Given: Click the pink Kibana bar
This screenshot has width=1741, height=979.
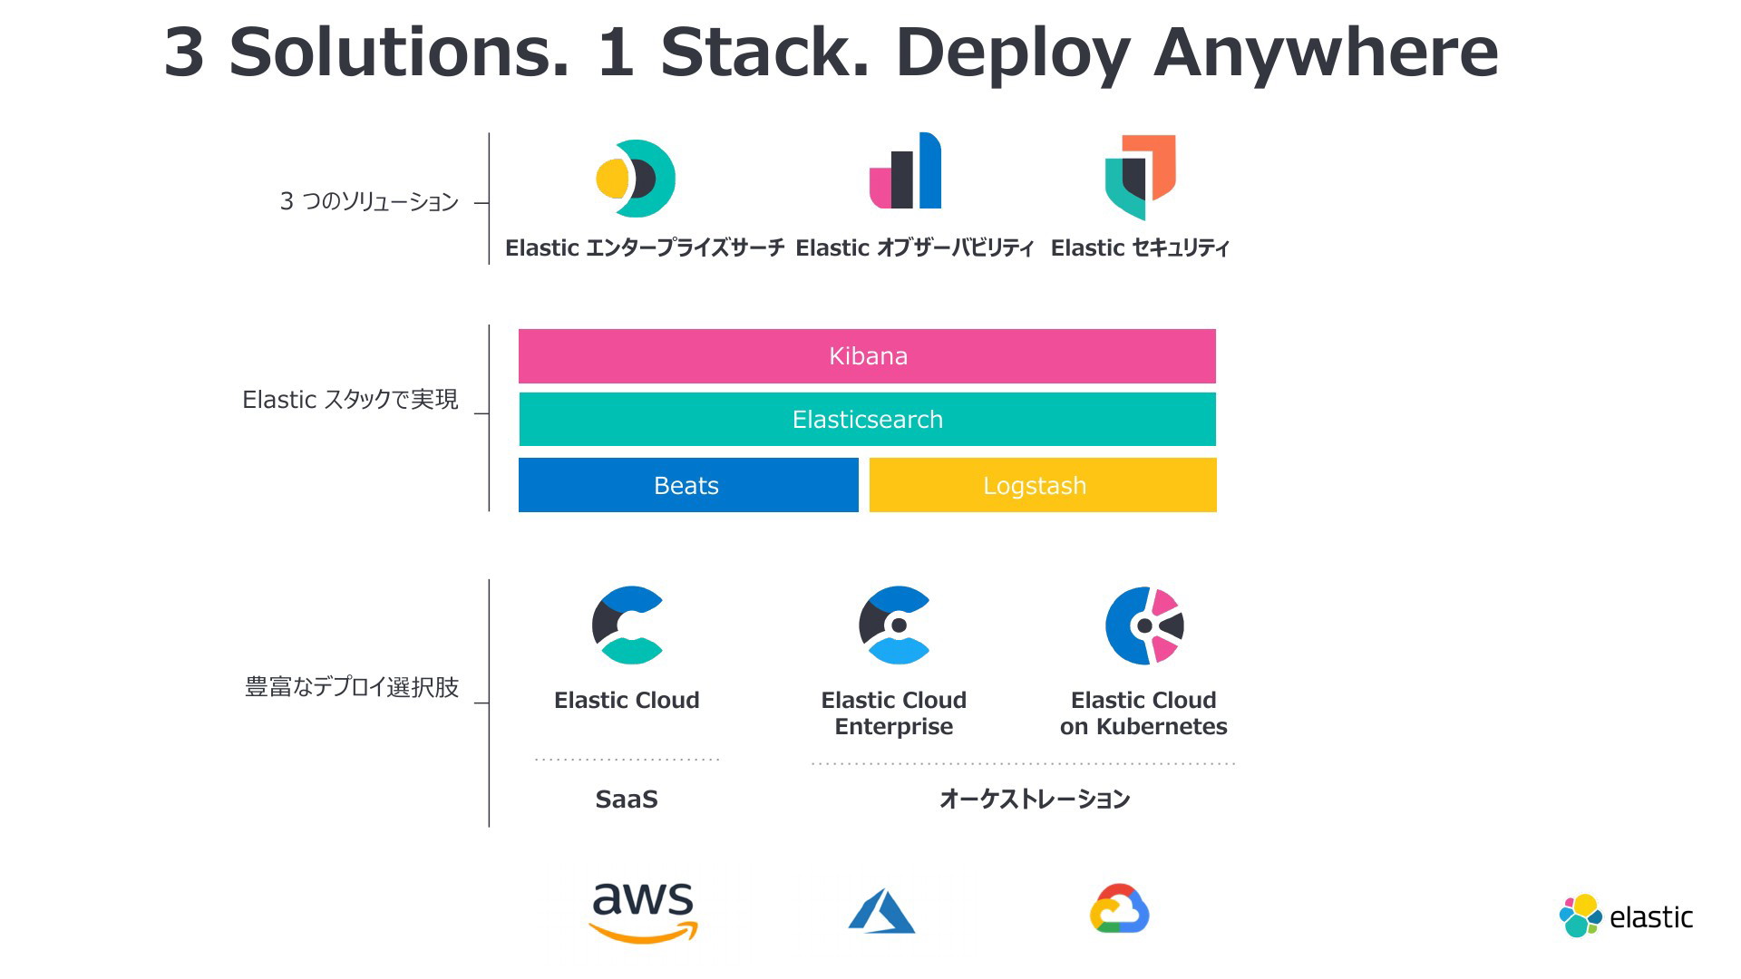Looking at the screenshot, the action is pyautogui.click(x=867, y=356).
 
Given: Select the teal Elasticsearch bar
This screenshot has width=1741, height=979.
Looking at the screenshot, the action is pyautogui.click(x=867, y=419).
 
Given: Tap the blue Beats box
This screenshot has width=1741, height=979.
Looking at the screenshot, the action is pyautogui.click(x=688, y=485).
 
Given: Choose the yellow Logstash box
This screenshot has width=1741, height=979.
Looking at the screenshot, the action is pyautogui.click(x=1043, y=485).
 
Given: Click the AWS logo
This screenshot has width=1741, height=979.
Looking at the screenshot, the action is pyautogui.click(x=643, y=912).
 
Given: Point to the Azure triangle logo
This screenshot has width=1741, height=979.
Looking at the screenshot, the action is pyautogui.click(x=881, y=911).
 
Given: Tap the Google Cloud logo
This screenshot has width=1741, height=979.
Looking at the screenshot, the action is pyautogui.click(x=1119, y=908).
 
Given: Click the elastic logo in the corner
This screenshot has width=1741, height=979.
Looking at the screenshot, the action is pyautogui.click(x=1626, y=916).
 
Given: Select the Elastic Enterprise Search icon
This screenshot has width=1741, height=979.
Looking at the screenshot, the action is pyautogui.click(x=636, y=179).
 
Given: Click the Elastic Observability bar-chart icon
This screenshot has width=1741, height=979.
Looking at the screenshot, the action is pyautogui.click(x=905, y=170).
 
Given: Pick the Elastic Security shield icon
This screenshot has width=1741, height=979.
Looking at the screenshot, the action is pyautogui.click(x=1140, y=177).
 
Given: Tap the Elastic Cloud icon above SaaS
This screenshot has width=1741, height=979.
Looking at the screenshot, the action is pyautogui.click(x=627, y=625).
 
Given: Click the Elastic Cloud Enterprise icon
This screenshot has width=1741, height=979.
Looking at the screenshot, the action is pyautogui.click(x=894, y=625).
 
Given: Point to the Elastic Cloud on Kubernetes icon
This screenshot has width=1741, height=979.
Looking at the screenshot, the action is pyautogui.click(x=1144, y=625).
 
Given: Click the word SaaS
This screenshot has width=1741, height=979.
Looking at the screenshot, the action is pyautogui.click(x=627, y=800).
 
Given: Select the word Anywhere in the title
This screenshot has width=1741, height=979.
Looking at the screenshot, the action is pyautogui.click(x=1326, y=52).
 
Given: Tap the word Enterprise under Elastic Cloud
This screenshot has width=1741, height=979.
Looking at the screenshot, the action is pyautogui.click(x=894, y=727).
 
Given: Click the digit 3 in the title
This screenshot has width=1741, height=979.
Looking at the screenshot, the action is pyautogui.click(x=184, y=52).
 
